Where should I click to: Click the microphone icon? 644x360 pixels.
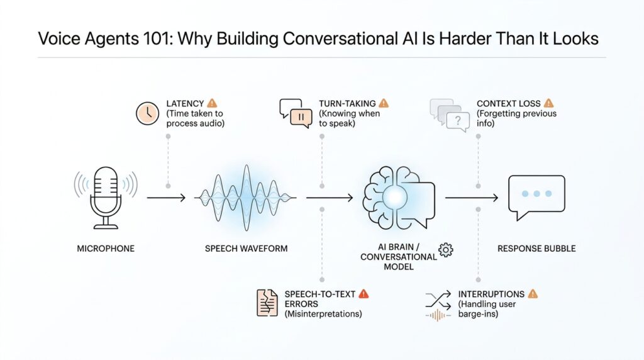coord(106,195)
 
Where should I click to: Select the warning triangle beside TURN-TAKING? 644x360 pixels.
coord(384,103)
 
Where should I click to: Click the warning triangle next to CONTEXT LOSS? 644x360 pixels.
coord(548,103)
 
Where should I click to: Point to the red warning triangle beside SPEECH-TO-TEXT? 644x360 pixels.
coord(364,293)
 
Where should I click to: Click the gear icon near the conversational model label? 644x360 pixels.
coord(446,250)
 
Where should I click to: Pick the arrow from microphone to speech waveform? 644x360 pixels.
coord(165,198)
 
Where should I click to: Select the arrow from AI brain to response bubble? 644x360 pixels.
coord(472,198)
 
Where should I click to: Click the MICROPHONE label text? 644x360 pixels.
coord(106,249)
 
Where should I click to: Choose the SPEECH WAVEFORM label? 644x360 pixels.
coord(246,249)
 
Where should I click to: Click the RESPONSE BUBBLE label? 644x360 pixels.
coord(536,249)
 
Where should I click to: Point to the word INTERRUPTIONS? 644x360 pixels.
coord(491,294)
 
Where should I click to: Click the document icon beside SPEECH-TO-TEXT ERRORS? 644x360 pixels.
coord(267,302)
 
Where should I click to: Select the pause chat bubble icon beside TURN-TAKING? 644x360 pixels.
coord(296,113)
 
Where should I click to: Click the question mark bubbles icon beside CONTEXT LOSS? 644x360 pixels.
coord(450,115)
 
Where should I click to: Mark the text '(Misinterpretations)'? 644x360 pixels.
coord(323,313)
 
